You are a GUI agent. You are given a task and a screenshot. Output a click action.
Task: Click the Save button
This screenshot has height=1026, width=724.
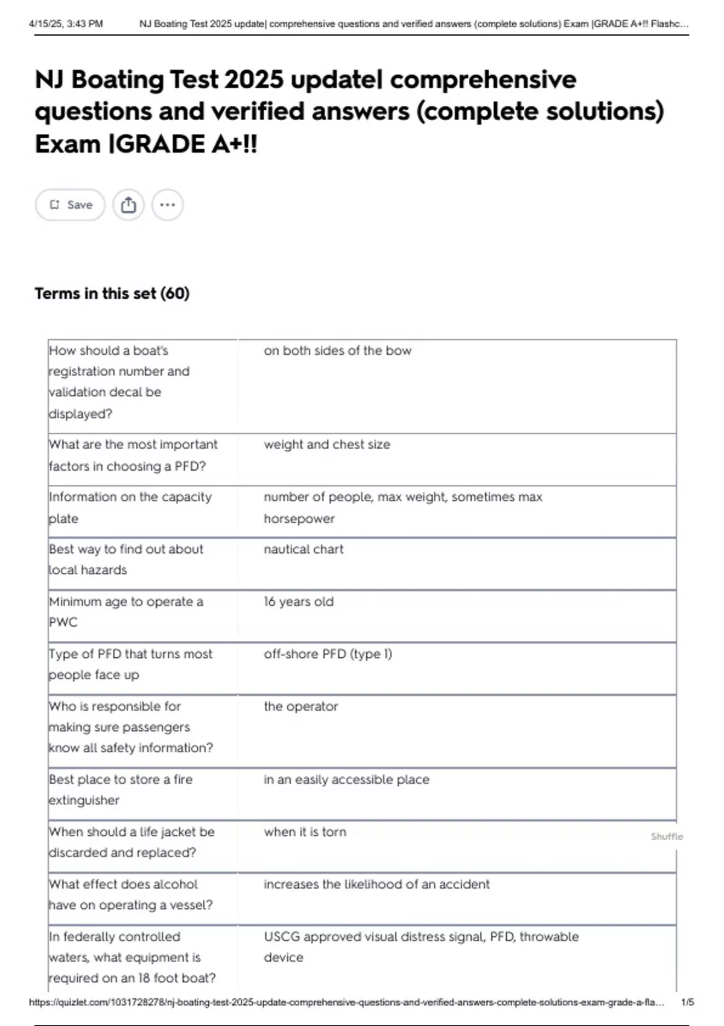(x=71, y=205)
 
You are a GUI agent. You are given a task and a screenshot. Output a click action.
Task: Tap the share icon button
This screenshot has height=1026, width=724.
(x=129, y=205)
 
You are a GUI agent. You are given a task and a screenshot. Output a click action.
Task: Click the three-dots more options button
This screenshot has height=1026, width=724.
(x=167, y=205)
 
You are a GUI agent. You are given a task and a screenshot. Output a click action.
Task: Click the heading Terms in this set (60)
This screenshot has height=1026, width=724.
(x=112, y=294)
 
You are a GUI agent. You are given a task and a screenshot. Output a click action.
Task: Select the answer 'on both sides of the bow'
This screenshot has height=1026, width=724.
(x=337, y=351)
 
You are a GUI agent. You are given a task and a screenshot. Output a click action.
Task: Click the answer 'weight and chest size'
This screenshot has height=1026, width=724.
(x=326, y=445)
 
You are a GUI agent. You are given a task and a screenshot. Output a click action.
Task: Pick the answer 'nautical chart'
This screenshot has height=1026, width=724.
(x=303, y=549)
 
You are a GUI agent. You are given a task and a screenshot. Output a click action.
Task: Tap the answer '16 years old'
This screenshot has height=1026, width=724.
(x=298, y=602)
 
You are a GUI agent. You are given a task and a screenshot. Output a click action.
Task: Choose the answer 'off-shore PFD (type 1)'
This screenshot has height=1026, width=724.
(x=328, y=654)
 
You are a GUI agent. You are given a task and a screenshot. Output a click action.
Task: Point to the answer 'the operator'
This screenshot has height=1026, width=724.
(x=300, y=706)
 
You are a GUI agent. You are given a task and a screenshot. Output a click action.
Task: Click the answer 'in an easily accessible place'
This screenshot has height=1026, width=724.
(x=346, y=780)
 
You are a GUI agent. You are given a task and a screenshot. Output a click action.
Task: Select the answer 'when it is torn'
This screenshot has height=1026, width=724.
(x=305, y=832)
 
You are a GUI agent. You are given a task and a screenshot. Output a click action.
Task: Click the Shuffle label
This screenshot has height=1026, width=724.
(x=667, y=836)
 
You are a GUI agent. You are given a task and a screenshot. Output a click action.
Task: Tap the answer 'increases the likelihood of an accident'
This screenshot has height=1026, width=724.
(x=376, y=884)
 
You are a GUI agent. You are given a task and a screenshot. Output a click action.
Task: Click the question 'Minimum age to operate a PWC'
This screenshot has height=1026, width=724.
(x=125, y=611)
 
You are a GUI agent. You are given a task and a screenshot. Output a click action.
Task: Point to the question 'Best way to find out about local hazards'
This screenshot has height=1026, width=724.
(x=125, y=559)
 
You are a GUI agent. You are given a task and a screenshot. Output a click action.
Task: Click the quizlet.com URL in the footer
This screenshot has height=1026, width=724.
(x=346, y=1002)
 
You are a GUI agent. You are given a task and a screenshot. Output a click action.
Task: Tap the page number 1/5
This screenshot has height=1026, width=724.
(x=687, y=1002)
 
